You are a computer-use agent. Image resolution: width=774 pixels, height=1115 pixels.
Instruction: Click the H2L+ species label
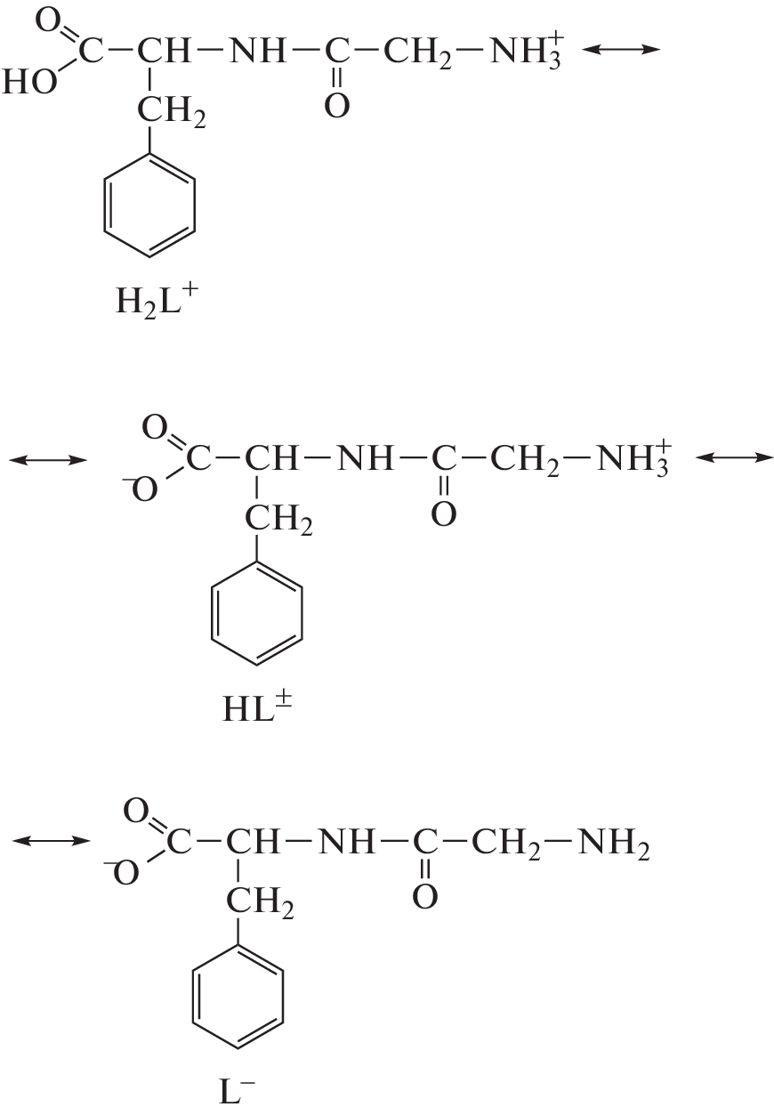[157, 300]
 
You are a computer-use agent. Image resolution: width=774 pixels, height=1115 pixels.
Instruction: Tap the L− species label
[236, 1093]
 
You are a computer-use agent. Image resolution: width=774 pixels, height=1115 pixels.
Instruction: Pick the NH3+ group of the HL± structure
[633, 458]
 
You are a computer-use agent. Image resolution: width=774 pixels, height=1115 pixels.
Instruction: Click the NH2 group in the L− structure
[613, 844]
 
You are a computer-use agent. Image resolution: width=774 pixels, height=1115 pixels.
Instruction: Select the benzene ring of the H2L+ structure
[149, 205]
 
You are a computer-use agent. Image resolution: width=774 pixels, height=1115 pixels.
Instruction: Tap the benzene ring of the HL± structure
[256, 613]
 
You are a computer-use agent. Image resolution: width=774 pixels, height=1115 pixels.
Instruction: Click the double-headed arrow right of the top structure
[620, 49]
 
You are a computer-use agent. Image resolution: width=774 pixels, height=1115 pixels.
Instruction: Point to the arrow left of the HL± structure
[48, 460]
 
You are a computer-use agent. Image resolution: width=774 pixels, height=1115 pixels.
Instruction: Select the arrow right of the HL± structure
[734, 457]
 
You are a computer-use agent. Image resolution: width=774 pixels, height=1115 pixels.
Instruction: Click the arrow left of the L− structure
[52, 841]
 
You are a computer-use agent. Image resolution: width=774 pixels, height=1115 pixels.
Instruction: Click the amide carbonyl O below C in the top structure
[337, 105]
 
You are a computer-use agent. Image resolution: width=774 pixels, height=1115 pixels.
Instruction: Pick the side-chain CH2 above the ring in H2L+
[171, 111]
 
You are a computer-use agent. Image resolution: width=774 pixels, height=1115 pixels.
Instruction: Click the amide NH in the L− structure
[345, 842]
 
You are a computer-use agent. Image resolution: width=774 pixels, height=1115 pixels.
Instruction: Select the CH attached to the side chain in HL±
[271, 458]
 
